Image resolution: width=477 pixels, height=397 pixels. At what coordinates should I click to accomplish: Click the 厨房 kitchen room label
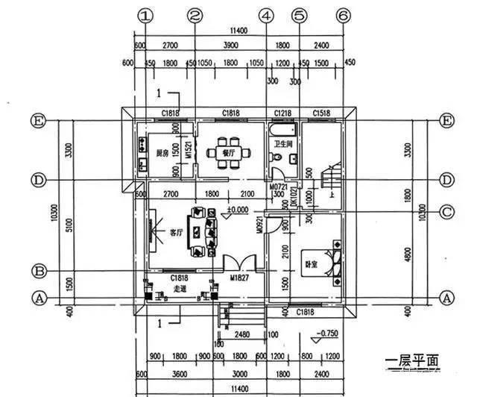tap(162, 154)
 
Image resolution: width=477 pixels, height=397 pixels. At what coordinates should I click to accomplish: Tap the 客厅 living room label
tap(176, 233)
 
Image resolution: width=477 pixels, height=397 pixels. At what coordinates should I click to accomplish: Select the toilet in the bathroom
tap(277, 158)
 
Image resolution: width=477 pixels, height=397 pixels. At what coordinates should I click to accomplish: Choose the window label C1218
tap(282, 113)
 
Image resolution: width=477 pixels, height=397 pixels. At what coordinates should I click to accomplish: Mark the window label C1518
tap(320, 113)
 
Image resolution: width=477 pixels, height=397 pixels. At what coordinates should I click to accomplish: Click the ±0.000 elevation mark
tap(237, 210)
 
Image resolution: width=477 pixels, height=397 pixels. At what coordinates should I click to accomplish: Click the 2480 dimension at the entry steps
tap(241, 334)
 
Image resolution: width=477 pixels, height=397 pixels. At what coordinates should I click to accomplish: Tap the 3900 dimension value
tap(230, 45)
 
